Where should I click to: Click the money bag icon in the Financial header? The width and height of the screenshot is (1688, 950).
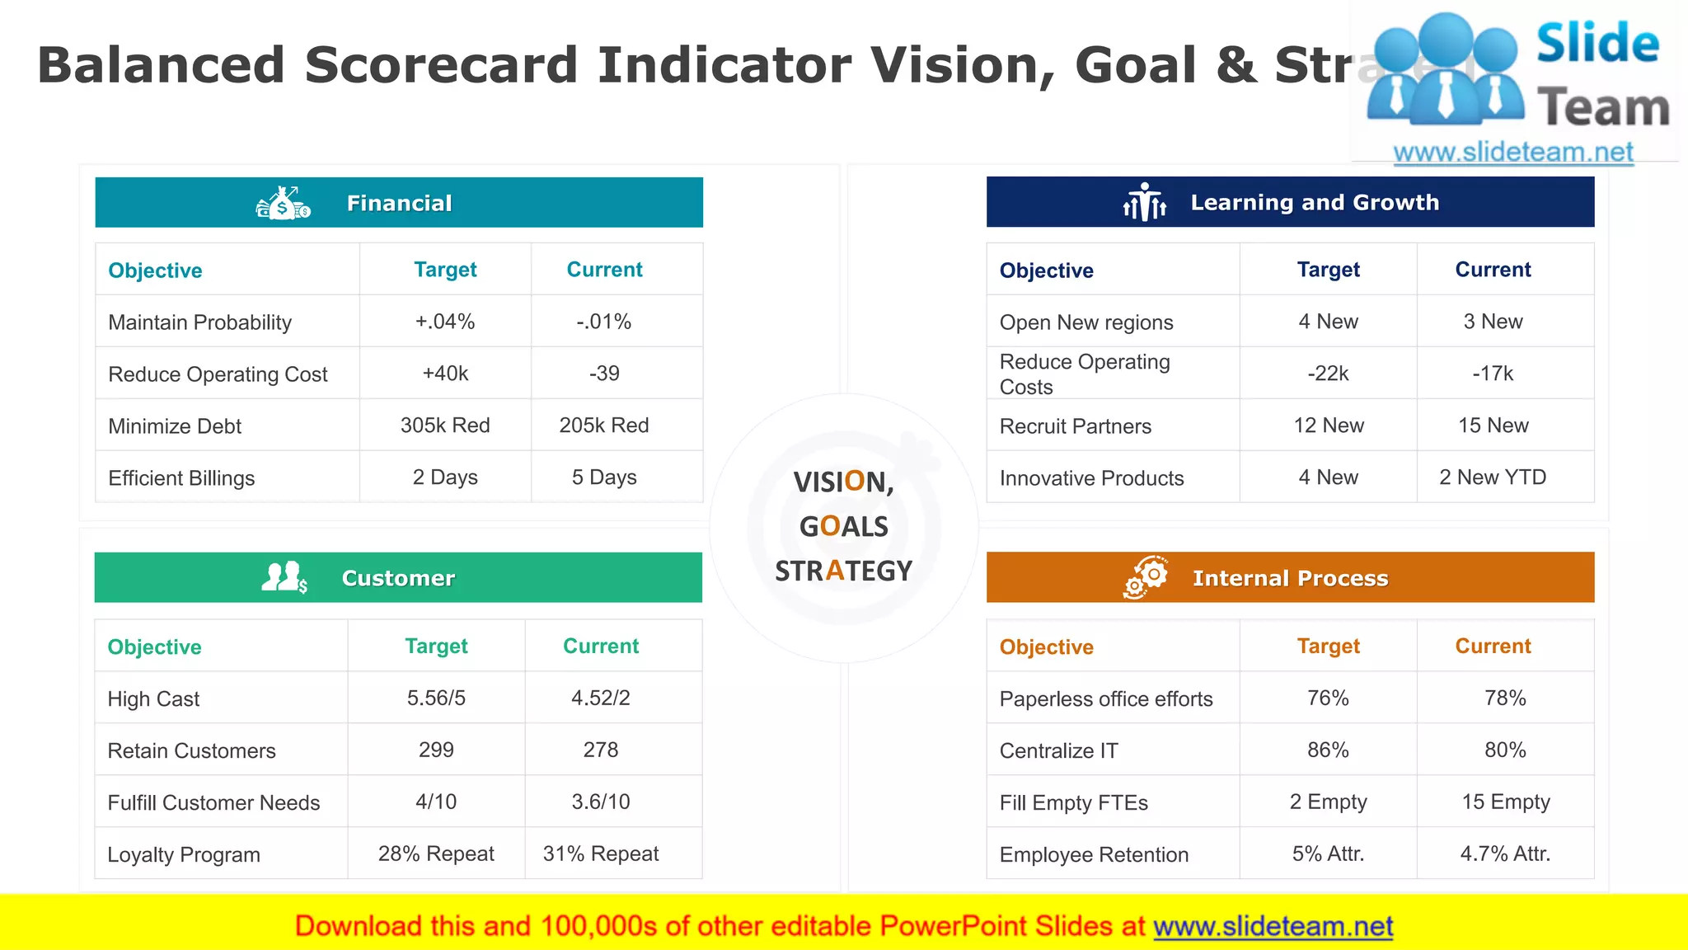coord(284,203)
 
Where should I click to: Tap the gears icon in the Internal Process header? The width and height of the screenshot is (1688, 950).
coord(1146,577)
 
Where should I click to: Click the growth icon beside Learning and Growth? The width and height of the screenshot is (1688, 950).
coord(1145,202)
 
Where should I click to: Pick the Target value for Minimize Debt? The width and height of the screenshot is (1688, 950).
coord(445,426)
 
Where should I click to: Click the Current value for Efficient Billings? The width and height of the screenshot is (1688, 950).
coord(604,477)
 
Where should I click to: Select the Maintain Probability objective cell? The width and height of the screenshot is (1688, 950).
coord(200,322)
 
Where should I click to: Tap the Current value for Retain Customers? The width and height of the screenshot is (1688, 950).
coord(601,750)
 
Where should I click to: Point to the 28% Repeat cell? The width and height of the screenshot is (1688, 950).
coord(436,854)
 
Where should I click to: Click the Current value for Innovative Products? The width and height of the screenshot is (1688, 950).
coord(1493,477)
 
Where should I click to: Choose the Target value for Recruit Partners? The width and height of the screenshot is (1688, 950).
coord(1329,426)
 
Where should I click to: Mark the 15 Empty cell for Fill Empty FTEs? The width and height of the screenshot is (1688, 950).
coord(1506,802)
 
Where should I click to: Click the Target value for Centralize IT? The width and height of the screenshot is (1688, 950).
coord(1328,750)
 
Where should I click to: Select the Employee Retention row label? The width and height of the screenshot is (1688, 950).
coord(1094,854)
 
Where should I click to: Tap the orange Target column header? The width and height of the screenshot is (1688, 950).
coord(1328,647)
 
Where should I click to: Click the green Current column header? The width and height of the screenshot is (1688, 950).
coord(601,647)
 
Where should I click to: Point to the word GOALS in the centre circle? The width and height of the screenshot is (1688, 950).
coord(844,526)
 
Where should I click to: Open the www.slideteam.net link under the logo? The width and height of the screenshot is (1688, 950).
coord(1513,153)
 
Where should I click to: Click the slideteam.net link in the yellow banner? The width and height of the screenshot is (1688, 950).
coord(1273,926)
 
